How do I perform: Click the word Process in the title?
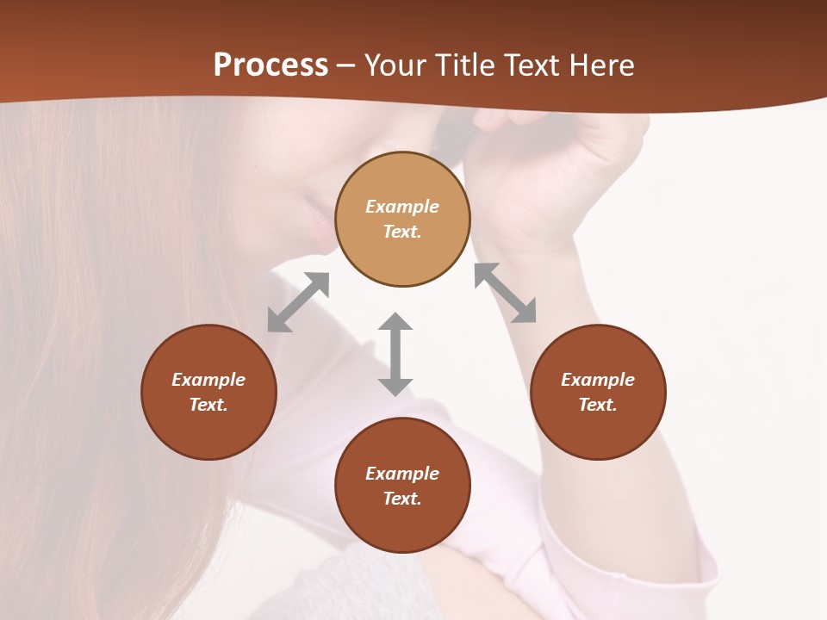click(x=270, y=65)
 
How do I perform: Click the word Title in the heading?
click(x=465, y=65)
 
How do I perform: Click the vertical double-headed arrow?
click(x=395, y=354)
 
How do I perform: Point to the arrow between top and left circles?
click(x=298, y=302)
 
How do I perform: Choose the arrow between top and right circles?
click(x=505, y=293)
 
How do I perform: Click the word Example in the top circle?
click(x=402, y=207)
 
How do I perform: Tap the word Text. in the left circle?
click(x=208, y=405)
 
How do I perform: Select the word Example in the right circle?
click(x=598, y=380)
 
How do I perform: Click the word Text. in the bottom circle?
click(x=402, y=499)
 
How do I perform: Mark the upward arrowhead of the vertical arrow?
click(x=395, y=323)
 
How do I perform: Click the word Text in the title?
click(x=533, y=65)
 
